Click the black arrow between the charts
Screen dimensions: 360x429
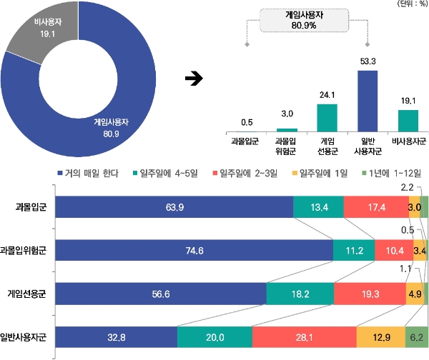pyautogui.click(x=192, y=78)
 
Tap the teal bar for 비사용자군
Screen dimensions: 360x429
pyautogui.click(x=408, y=121)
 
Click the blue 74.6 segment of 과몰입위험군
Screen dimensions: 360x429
pyautogui.click(x=194, y=250)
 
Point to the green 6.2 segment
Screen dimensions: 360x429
pyautogui.click(x=416, y=336)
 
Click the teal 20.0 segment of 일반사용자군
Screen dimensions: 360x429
pyautogui.click(x=214, y=336)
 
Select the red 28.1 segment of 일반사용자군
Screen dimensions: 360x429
pyautogui.click(x=305, y=336)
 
